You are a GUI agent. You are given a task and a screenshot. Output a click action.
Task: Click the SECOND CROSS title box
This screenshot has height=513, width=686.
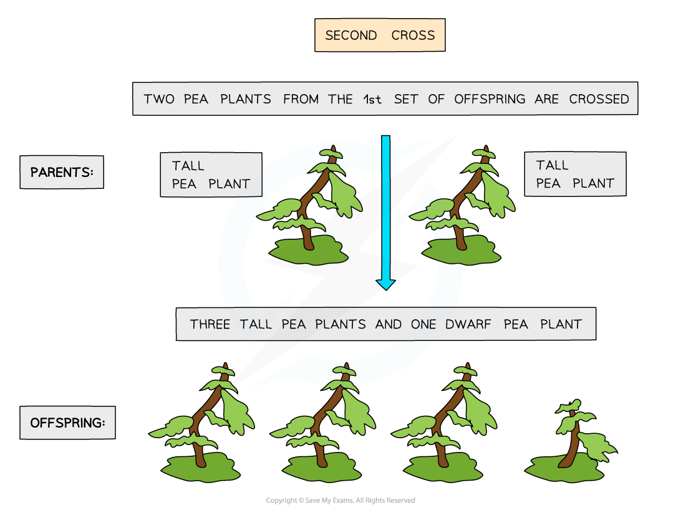click(x=380, y=35)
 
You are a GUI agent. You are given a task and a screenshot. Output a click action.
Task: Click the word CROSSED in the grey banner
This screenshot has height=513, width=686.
click(x=599, y=99)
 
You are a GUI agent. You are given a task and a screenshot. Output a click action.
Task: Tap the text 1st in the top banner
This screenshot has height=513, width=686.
click(x=372, y=99)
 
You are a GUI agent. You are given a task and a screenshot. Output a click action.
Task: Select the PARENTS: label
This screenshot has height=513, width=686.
click(x=62, y=172)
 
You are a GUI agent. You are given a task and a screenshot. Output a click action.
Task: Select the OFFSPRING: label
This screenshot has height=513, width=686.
click(x=67, y=423)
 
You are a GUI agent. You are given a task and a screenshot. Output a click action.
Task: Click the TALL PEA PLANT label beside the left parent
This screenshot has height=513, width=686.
click(x=211, y=175)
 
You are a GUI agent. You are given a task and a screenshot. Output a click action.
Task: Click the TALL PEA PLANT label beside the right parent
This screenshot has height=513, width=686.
click(x=575, y=174)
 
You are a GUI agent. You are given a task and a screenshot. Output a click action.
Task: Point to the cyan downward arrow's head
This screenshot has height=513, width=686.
click(x=385, y=283)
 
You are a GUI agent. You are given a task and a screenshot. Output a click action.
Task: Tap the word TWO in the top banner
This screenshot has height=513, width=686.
click(x=159, y=99)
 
